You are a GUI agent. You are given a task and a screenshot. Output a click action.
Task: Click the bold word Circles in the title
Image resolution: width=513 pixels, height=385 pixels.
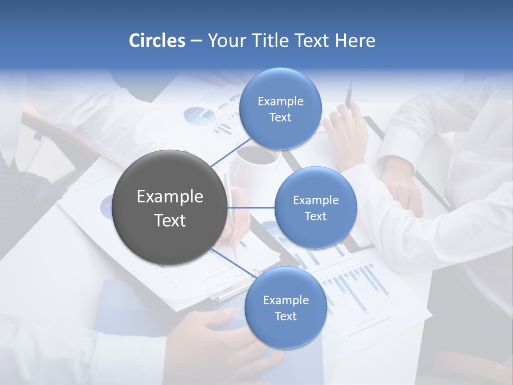tap(157, 41)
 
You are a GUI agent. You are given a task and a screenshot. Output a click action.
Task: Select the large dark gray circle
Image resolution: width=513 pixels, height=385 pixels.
tap(170, 208)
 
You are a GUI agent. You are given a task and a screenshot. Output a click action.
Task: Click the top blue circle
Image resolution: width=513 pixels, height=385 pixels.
tap(281, 109)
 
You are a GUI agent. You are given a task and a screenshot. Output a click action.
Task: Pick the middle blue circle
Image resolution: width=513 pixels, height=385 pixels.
tap(316, 207)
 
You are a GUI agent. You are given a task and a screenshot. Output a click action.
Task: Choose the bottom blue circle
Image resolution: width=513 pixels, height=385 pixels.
tap(286, 307)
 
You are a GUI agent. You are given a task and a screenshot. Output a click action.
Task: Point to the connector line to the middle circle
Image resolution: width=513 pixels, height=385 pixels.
tap(251, 207)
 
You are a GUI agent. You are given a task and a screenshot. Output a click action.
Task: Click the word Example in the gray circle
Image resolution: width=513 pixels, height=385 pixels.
tap(170, 197)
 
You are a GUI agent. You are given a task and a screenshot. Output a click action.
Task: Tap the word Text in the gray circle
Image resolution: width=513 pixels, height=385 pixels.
tap(170, 220)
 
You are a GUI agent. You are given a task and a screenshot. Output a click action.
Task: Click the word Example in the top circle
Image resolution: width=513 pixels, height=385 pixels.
tap(281, 101)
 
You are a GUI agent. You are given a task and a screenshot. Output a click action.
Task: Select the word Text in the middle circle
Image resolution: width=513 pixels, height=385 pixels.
tap(316, 216)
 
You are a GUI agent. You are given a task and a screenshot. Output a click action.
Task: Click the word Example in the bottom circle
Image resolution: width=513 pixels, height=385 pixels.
tap(286, 300)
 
